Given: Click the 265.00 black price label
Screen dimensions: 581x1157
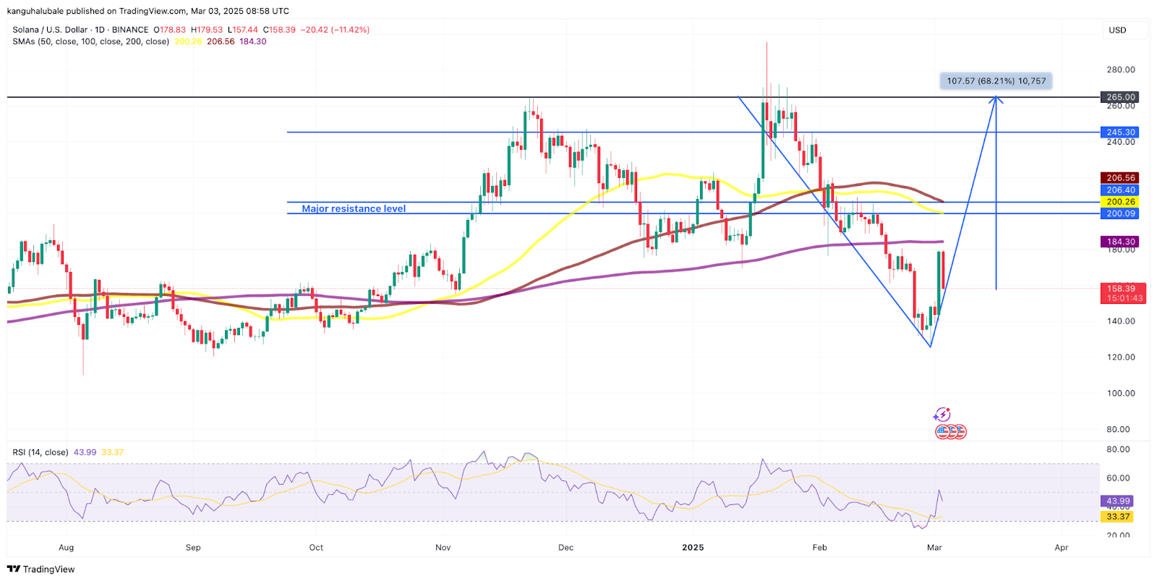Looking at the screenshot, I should (x=1120, y=97).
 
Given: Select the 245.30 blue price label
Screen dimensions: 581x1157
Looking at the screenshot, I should (x=1120, y=132).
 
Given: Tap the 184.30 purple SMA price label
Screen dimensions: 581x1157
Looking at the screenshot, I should (x=1120, y=242).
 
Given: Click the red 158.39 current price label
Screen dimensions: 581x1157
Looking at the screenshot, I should (x=1120, y=289).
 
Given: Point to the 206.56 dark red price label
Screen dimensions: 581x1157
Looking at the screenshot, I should (x=1120, y=178).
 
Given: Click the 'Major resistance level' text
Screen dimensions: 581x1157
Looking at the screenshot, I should (x=354, y=209).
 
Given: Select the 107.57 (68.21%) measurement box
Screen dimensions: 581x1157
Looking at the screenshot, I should (x=996, y=81).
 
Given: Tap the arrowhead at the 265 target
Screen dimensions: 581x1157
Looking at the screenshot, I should (x=996, y=99).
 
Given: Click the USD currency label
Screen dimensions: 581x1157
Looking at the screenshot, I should (x=1117, y=30).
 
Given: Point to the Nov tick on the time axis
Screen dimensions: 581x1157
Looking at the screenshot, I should (x=443, y=548).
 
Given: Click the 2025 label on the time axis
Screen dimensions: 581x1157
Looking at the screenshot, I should (x=693, y=548).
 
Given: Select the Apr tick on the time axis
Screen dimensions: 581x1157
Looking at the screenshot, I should (x=1061, y=548).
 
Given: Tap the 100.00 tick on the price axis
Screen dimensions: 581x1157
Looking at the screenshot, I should (x=1120, y=394).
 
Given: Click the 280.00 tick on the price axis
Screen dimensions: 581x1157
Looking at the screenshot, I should (x=1120, y=70).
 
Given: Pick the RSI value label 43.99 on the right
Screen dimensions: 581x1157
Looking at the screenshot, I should (x=1118, y=501).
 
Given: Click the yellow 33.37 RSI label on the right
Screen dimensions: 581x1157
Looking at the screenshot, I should (x=1118, y=517).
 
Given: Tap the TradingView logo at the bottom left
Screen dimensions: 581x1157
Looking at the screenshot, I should (x=40, y=569).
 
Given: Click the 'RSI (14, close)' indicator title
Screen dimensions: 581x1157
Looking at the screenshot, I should (x=40, y=453).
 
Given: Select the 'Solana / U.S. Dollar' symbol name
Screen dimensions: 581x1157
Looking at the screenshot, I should (x=50, y=30).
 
